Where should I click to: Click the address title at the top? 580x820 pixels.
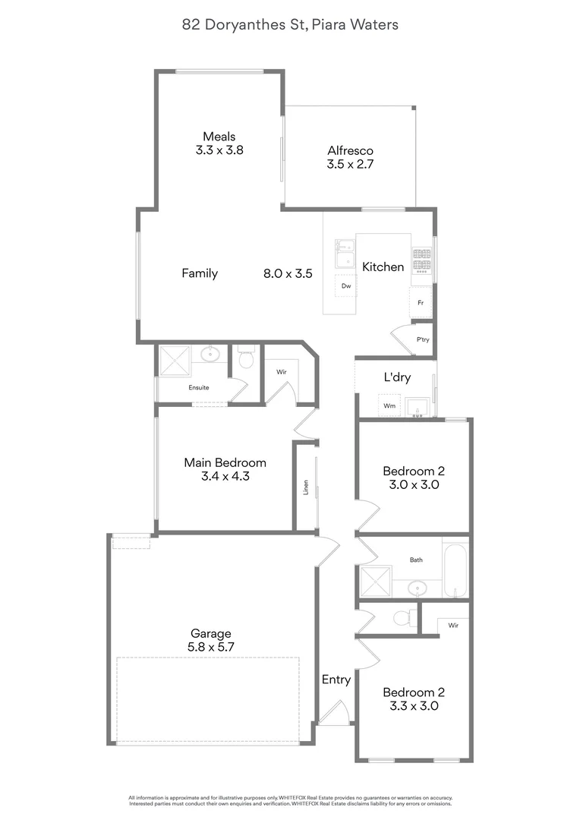[290, 25]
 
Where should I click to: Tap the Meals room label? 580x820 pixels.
[219, 137]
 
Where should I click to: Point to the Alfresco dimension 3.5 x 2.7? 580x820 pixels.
[350, 163]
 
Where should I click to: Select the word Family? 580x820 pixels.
[200, 273]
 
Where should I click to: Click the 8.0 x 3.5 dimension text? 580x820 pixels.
[288, 273]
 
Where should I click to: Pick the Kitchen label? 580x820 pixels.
[383, 266]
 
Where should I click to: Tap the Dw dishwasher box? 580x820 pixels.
[346, 286]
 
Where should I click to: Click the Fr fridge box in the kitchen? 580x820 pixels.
[420, 302]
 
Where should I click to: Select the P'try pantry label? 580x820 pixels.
[423, 339]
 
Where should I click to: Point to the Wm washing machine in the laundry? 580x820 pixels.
[389, 406]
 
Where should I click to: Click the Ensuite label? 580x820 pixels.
[199, 387]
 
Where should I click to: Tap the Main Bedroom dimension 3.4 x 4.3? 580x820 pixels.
[225, 477]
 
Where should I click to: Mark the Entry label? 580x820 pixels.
[336, 680]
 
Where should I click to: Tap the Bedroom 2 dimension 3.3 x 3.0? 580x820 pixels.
[413, 705]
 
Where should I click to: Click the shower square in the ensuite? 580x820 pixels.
[173, 360]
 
